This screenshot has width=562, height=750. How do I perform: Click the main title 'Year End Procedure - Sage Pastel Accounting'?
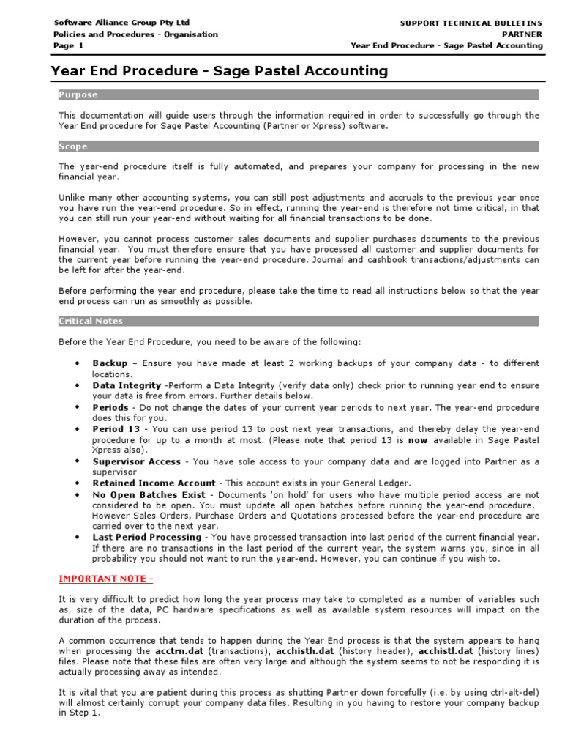(x=220, y=71)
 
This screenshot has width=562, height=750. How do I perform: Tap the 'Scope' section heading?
(x=73, y=146)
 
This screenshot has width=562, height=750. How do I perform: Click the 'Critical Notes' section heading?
(x=91, y=321)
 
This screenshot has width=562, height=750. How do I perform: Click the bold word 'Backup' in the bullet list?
(x=110, y=363)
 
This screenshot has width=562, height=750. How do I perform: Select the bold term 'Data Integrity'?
(x=127, y=385)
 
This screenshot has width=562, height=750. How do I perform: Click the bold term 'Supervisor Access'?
(x=137, y=461)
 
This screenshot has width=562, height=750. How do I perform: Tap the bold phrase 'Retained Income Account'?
(x=154, y=483)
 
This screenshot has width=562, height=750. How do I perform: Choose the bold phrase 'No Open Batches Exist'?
(x=149, y=494)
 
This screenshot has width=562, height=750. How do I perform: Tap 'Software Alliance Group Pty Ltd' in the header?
(x=121, y=23)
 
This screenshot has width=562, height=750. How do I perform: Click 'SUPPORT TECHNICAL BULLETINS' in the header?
(x=471, y=23)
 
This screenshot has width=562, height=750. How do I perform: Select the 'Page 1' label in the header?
(x=69, y=45)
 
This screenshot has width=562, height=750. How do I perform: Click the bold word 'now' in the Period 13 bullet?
(x=418, y=439)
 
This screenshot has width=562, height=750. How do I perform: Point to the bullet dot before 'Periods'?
(x=78, y=407)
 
